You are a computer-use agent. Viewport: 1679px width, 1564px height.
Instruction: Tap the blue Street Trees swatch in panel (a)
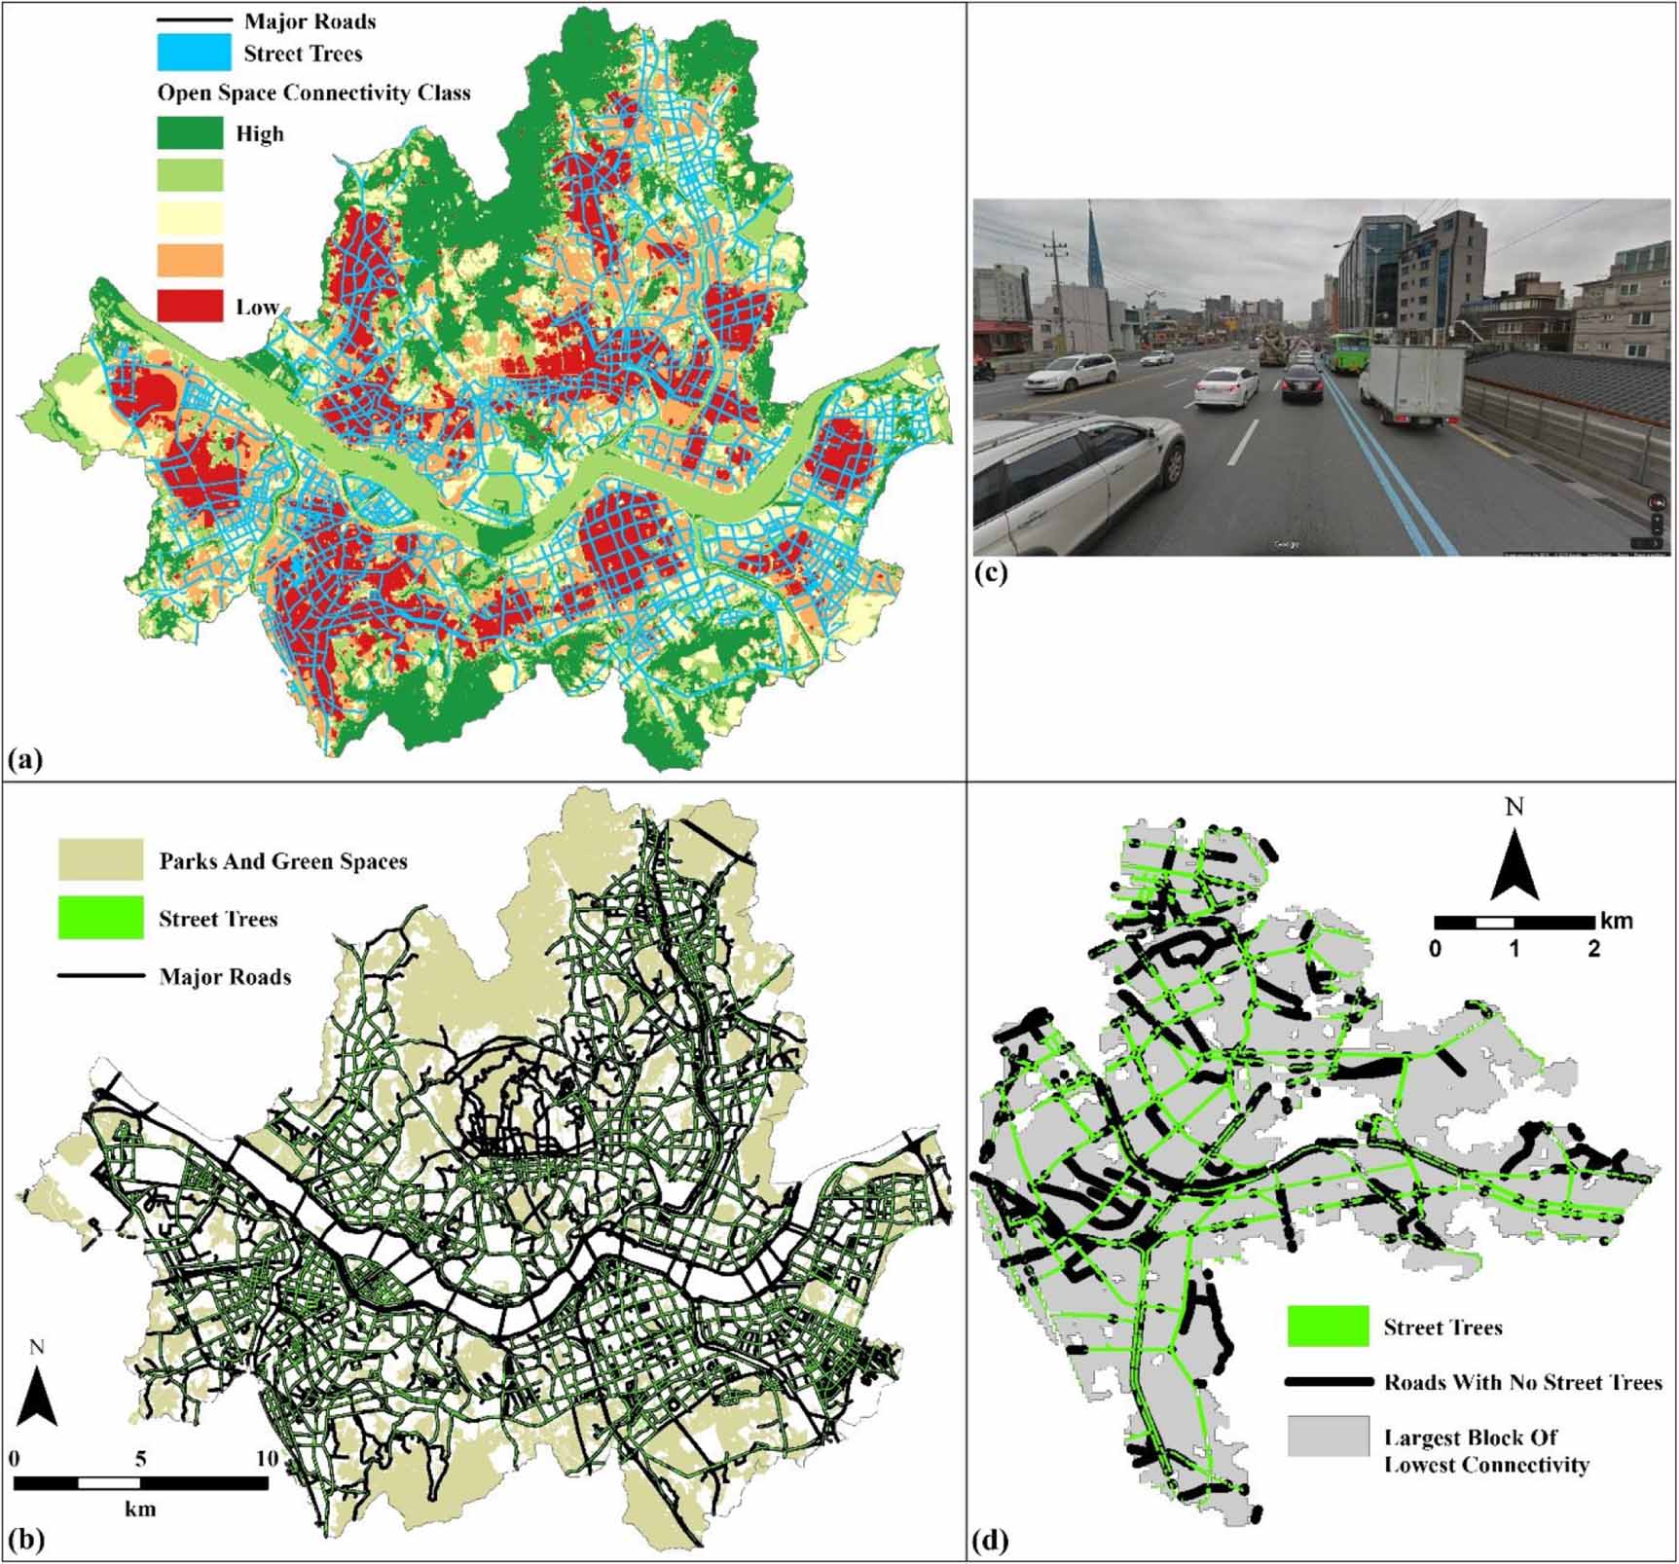click(194, 53)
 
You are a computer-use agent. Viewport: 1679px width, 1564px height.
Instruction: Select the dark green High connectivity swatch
click(190, 132)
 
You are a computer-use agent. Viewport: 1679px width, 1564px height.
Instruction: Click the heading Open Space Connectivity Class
click(313, 93)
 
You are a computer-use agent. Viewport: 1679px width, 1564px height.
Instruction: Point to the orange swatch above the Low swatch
click(190, 261)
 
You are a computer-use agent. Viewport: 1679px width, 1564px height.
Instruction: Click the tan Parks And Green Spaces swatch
click(100, 860)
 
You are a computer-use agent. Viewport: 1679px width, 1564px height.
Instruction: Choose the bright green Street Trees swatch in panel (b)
click(100, 918)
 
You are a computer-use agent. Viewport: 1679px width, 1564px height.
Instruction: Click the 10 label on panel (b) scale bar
click(267, 1459)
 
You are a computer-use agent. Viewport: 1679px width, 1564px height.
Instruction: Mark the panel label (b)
click(25, 1540)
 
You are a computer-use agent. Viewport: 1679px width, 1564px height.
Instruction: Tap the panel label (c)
click(991, 572)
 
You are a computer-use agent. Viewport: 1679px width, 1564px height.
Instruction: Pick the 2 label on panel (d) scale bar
click(1593, 947)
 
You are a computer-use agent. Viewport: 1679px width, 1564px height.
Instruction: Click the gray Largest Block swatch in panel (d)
click(1328, 1436)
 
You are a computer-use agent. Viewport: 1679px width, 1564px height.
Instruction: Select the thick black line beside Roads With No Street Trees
click(1328, 1382)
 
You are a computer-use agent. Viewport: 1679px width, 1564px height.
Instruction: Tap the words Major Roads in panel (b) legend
click(225, 976)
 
